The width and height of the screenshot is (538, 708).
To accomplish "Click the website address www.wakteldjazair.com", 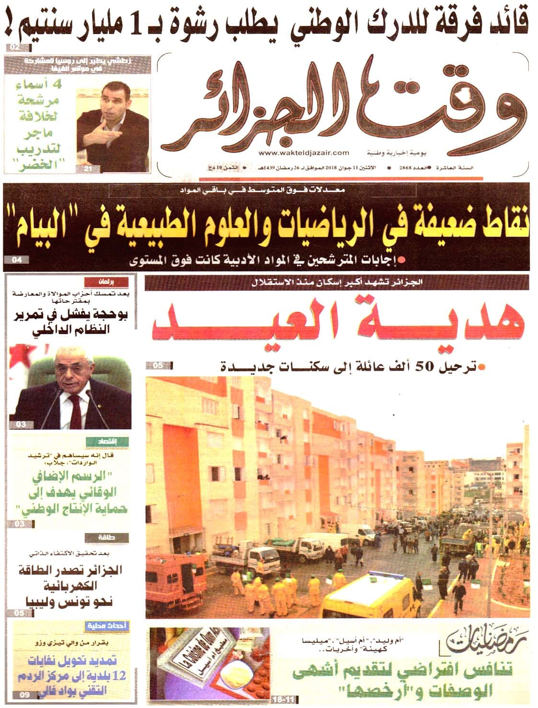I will pos(304,153).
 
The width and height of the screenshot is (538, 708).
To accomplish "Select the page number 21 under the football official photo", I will pos(88,168).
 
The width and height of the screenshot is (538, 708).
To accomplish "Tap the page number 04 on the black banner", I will pos(16,260).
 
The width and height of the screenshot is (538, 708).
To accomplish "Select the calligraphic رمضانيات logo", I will pos(482,643).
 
